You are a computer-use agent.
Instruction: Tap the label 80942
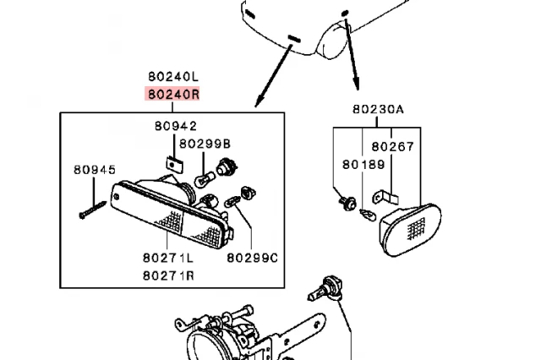pyautogui.click(x=175, y=127)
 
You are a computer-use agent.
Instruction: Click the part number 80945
pyautogui.click(x=93, y=171)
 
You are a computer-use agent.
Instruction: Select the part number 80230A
pyautogui.click(x=379, y=110)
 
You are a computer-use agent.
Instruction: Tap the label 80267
pyautogui.click(x=393, y=146)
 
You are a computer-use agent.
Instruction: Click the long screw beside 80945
pyautogui.click(x=92, y=209)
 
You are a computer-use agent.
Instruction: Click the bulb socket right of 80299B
pyautogui.click(x=225, y=166)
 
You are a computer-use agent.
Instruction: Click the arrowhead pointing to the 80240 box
pyautogui.click(x=257, y=104)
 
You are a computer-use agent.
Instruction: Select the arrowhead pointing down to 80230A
pyautogui.click(x=356, y=85)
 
